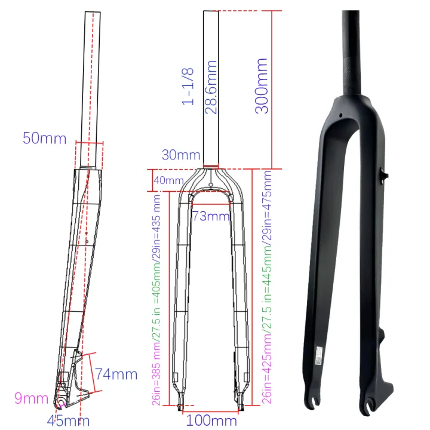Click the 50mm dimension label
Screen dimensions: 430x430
(44, 138)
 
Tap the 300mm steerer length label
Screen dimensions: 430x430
(260, 85)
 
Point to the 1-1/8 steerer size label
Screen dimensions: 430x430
(189, 86)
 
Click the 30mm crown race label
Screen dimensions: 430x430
(180, 155)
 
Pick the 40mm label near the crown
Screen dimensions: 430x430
(168, 180)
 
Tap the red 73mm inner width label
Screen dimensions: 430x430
(210, 216)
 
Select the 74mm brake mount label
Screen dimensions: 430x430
(116, 375)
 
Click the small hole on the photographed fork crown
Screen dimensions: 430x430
(339, 116)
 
